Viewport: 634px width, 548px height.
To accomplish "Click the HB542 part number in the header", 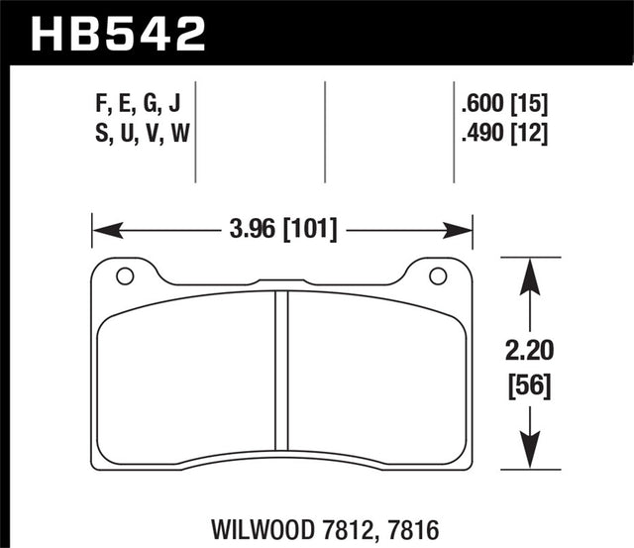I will click(118, 32).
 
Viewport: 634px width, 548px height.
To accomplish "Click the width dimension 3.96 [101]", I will click(282, 231).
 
